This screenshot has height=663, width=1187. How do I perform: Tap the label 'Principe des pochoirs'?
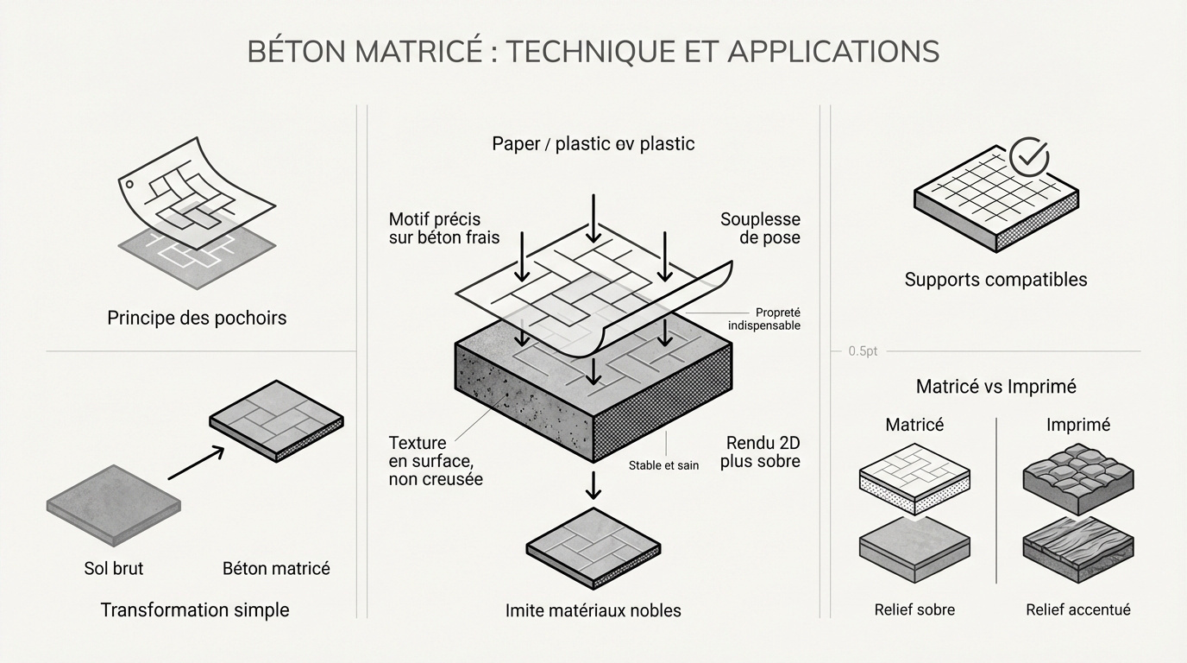[197, 318]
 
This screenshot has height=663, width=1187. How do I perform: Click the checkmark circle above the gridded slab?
[1028, 157]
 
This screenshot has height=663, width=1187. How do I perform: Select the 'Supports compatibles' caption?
[995, 280]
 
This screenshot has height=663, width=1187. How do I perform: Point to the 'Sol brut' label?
[113, 568]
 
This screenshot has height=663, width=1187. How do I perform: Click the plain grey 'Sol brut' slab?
[112, 503]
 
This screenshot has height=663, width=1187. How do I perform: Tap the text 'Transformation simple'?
[195, 610]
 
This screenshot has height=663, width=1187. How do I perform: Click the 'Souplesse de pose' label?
[760, 229]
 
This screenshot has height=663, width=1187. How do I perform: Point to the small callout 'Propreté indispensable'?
[764, 319]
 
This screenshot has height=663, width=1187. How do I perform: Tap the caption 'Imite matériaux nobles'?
[593, 611]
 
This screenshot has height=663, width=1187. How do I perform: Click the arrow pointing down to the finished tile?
[593, 486]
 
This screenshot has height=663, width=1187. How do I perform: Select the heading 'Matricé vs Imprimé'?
[995, 387]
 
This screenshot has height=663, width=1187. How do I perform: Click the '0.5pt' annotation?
[862, 351]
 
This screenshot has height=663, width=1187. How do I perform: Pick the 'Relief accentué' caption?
[1077, 609]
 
